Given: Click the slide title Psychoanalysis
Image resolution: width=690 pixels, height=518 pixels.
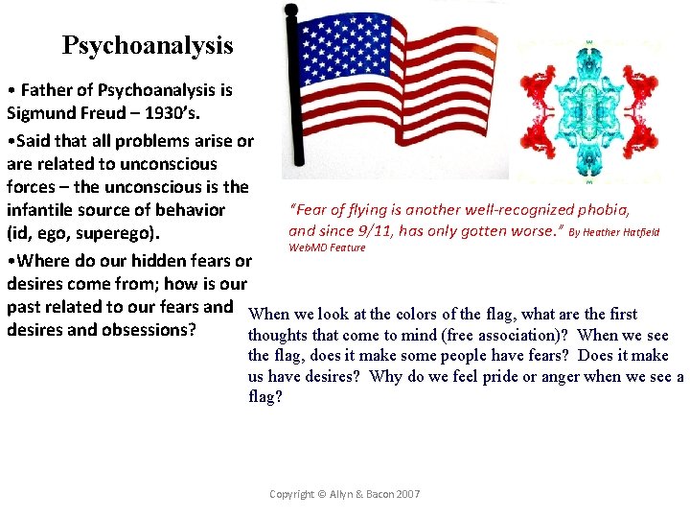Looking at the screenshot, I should pyautogui.click(x=148, y=45).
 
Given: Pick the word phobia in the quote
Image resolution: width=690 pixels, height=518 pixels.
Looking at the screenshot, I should pyautogui.click(x=603, y=209).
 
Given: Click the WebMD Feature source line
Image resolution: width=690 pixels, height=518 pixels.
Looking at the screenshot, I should pyautogui.click(x=327, y=247).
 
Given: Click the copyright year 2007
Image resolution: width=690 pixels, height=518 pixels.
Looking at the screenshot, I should pyautogui.click(x=405, y=494).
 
